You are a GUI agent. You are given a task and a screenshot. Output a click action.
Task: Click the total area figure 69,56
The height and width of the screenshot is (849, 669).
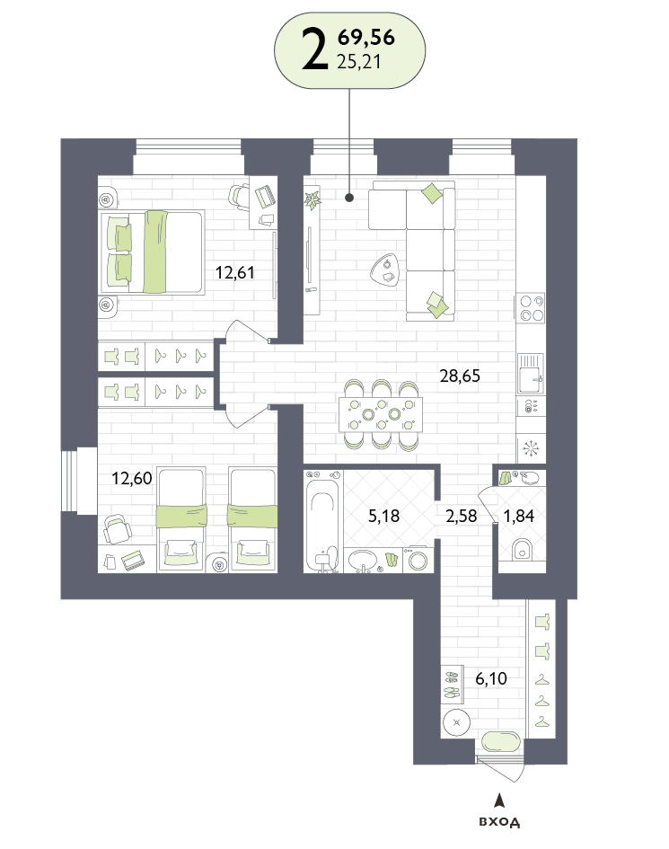[365, 38]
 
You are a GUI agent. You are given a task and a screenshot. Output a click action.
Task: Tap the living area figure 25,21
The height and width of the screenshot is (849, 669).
[359, 62]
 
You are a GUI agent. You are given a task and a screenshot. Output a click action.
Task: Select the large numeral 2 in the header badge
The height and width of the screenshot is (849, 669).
[315, 49]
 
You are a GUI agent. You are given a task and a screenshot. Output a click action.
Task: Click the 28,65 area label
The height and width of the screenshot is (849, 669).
[460, 376]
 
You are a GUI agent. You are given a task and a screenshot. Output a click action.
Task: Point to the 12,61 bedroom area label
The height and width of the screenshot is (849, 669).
[235, 272]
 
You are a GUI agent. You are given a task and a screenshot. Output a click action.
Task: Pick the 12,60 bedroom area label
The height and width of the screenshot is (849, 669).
[131, 479]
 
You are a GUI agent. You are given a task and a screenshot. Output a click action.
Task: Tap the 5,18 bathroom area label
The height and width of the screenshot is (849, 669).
[383, 516]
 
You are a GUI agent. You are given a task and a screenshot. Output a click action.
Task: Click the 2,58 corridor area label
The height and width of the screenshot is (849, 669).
[462, 516]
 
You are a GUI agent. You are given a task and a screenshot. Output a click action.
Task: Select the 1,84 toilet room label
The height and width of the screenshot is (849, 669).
[519, 516]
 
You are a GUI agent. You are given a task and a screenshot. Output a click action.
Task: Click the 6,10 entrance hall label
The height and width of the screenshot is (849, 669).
[491, 678]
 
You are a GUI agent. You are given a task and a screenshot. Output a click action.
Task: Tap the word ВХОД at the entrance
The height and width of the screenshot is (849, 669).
[499, 822]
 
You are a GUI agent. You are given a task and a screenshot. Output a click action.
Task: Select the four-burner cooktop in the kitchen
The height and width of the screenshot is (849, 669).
[532, 308]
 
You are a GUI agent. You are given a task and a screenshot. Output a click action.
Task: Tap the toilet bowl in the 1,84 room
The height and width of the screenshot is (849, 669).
[522, 549]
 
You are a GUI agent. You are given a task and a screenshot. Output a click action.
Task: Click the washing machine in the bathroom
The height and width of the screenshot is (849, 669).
[418, 560]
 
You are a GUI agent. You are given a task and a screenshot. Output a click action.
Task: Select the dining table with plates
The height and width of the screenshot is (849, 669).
[381, 415]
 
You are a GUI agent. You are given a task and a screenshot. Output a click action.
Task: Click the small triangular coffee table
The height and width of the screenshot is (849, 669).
[386, 270]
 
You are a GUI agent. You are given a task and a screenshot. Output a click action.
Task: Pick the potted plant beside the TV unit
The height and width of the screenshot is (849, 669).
[312, 199]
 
